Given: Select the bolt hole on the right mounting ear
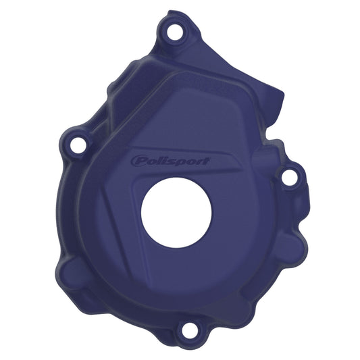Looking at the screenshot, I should point(288,177).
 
